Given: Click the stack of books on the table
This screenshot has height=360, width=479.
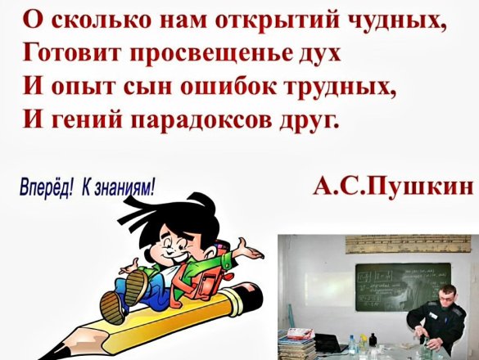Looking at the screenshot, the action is coord(297,343).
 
